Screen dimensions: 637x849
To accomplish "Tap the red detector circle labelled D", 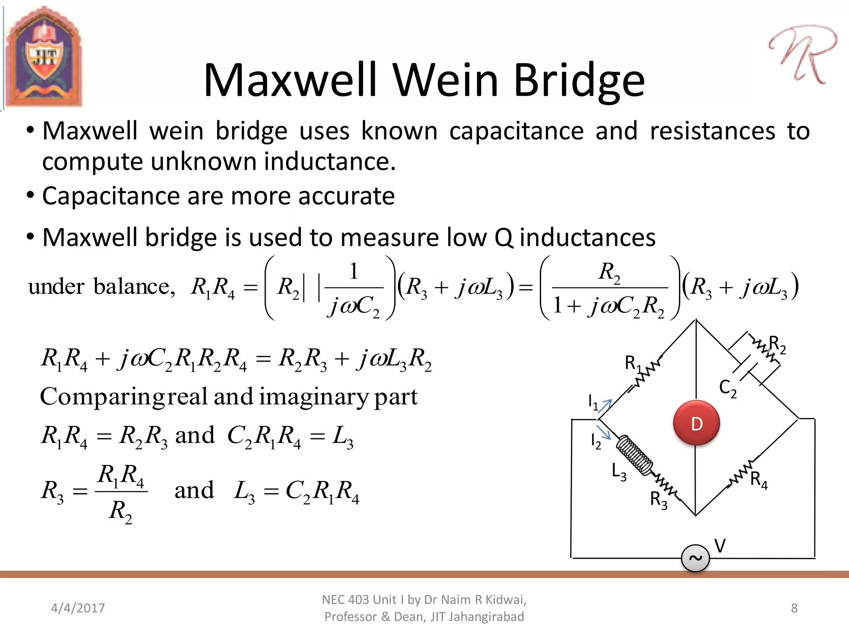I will pos(696,423).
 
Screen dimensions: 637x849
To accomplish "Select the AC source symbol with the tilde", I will pos(695,558).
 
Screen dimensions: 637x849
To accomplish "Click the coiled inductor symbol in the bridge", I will pos(634,455).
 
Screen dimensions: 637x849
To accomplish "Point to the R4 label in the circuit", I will pos(759,480).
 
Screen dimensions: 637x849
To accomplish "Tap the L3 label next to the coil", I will pos(619,472).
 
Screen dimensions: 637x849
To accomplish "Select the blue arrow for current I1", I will pos(605,406).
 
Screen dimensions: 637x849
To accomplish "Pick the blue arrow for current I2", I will pos(604,432).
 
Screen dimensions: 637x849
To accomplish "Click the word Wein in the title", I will pos(446,80).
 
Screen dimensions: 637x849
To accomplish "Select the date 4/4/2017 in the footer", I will pos(78,608).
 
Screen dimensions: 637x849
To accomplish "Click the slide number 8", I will pos(794,608).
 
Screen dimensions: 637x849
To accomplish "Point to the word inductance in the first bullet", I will pos(330,161).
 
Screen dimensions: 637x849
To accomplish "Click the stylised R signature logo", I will pos(802,54).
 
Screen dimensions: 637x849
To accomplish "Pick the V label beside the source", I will pos(720,546).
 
